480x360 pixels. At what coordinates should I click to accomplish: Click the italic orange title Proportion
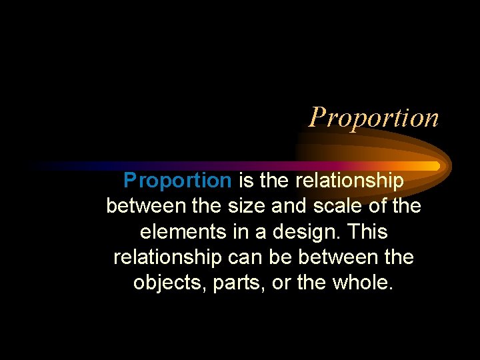[374, 117]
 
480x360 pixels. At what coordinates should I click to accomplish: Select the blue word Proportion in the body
[177, 180]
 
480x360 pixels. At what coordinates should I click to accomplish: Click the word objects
[169, 283]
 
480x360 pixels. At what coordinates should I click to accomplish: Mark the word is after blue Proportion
[245, 180]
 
